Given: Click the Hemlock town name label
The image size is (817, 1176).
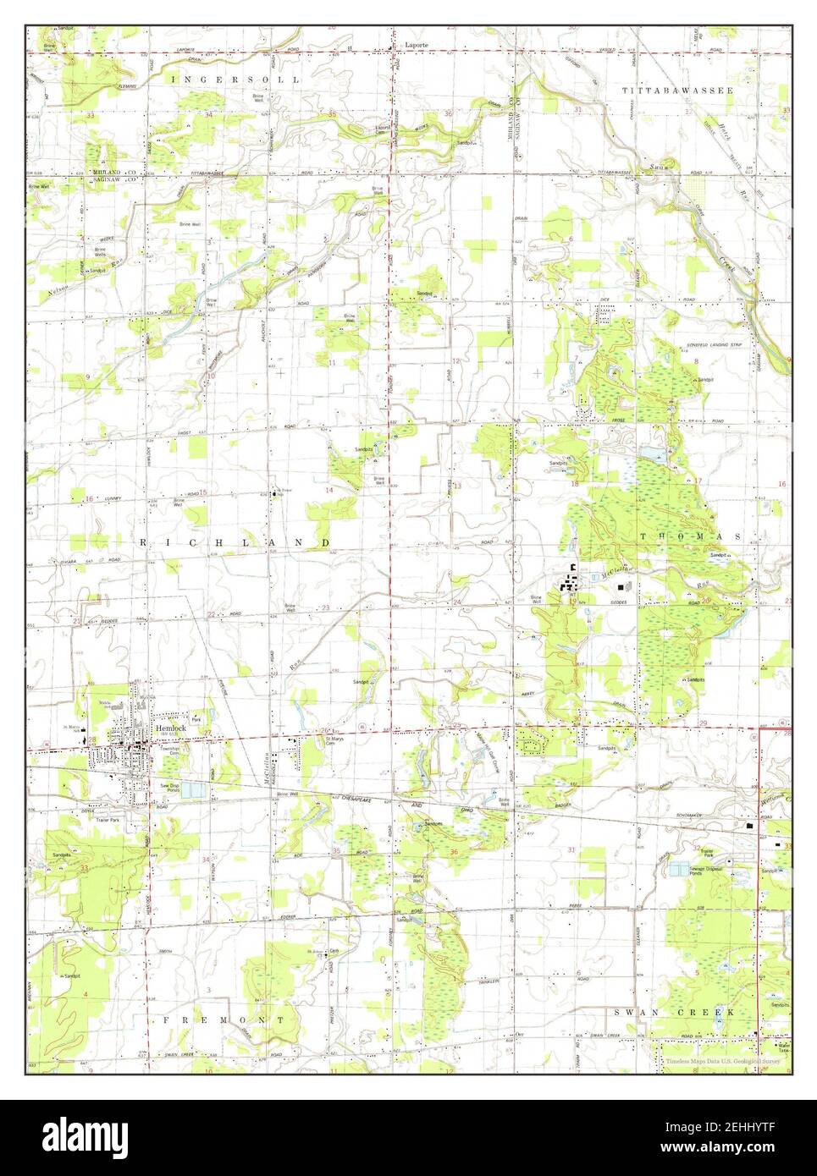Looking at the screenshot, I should click(169, 728).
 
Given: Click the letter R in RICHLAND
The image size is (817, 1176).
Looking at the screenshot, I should click(145, 541).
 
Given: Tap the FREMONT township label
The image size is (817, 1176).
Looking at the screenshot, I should click(224, 1020).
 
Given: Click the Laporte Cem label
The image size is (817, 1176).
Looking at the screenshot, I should click(383, 129).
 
